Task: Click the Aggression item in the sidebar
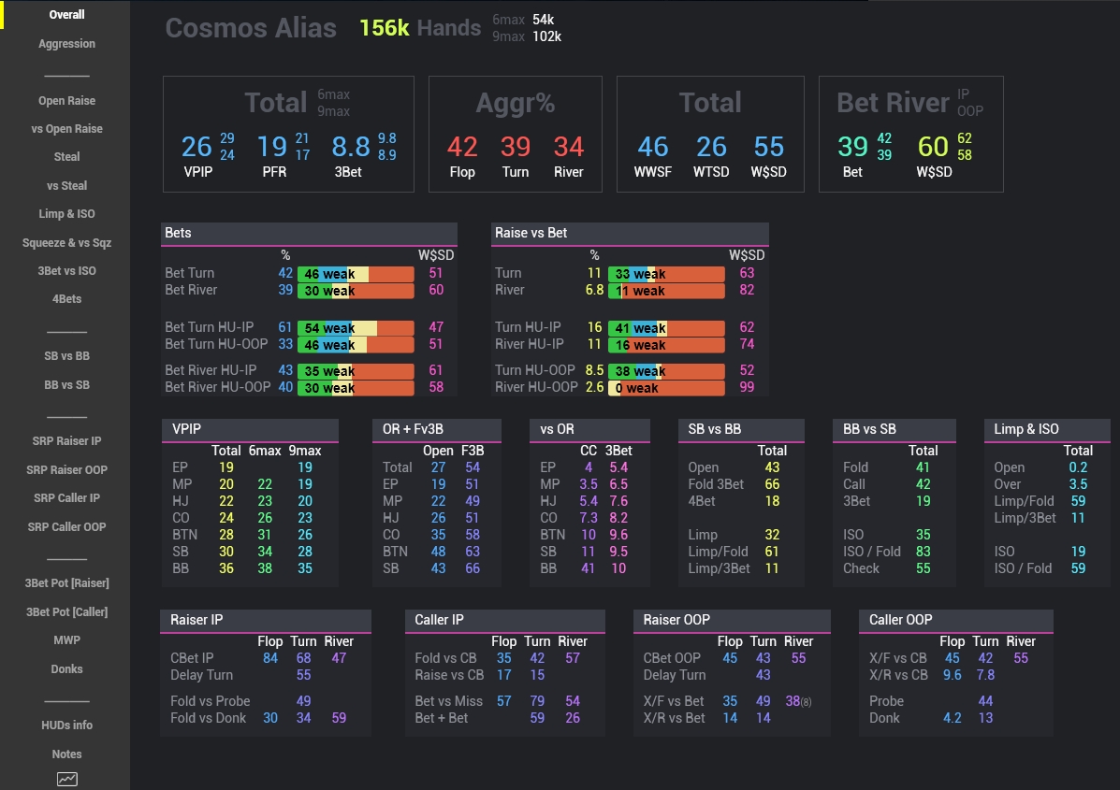(x=66, y=44)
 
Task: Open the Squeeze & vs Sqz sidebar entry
(x=66, y=242)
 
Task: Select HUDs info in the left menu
(x=66, y=725)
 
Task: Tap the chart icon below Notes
(x=66, y=779)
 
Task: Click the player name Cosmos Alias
(x=251, y=28)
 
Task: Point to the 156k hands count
(x=384, y=28)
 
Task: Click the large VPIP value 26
(x=196, y=147)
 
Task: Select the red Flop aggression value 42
(x=462, y=147)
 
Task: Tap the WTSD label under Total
(x=711, y=172)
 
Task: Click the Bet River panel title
(x=893, y=102)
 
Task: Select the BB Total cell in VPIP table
(x=226, y=568)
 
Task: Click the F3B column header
(x=473, y=451)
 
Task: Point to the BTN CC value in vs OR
(x=588, y=535)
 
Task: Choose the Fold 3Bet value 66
(x=771, y=484)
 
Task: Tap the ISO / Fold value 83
(x=923, y=552)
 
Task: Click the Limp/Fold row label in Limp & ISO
(x=1024, y=501)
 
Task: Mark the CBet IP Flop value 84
(x=270, y=658)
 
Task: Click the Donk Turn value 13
(x=985, y=718)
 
